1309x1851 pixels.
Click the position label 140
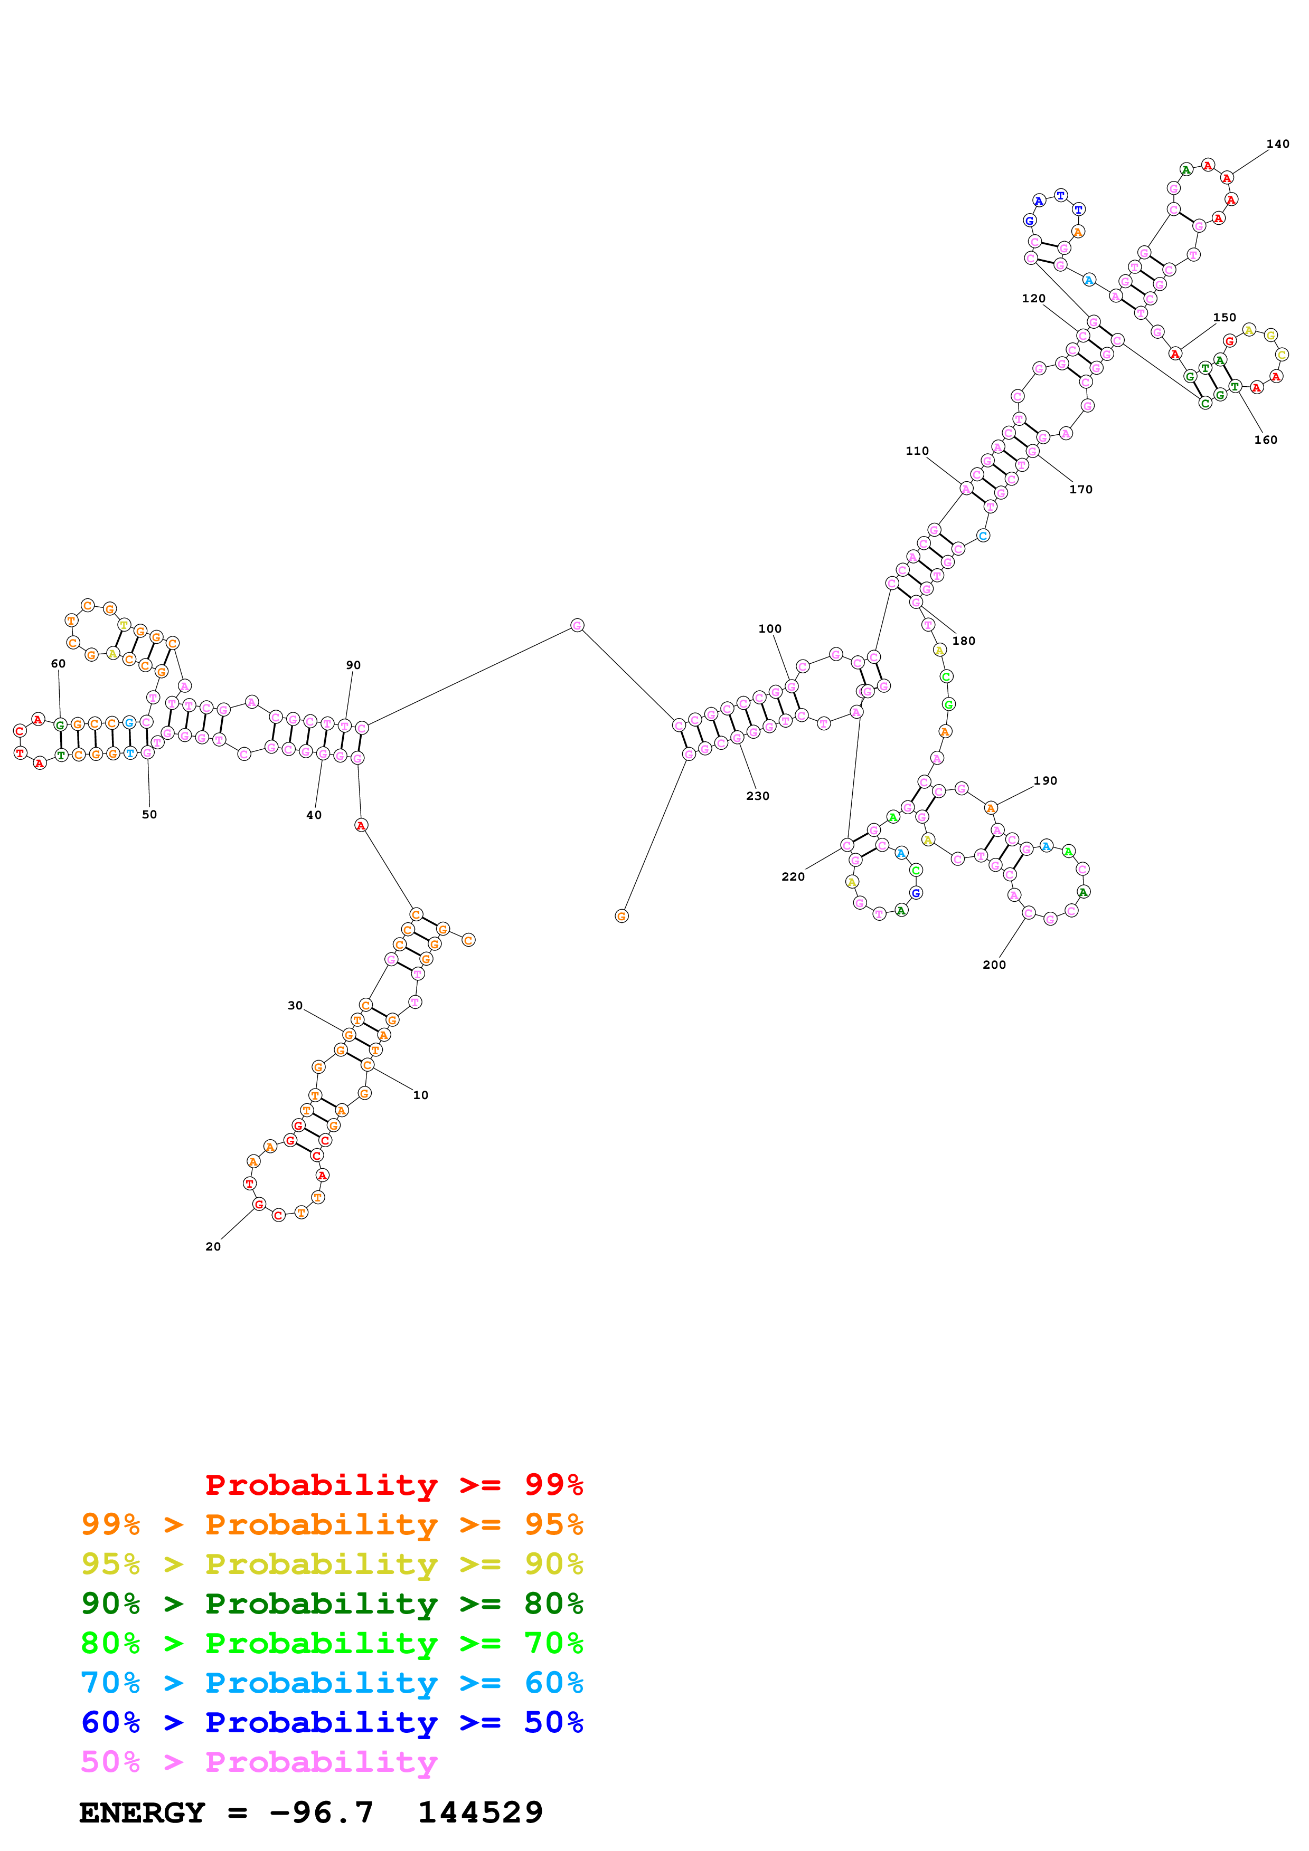pos(1277,144)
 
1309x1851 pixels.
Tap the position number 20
pos(213,1246)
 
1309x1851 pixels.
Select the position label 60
pos(58,663)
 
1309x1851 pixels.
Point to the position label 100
pos(769,629)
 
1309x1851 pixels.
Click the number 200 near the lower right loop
pos(994,965)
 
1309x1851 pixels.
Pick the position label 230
pos(757,796)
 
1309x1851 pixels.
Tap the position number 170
pos(1081,489)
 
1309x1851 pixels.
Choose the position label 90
pos(353,665)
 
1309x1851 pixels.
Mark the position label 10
pos(420,1095)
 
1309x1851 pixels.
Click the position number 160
pos(1266,440)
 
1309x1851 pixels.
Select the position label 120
pos(1033,298)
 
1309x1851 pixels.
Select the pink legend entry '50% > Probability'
pos(258,1762)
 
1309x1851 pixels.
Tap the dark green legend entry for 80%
pos(332,1604)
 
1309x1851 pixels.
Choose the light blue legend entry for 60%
pos(332,1683)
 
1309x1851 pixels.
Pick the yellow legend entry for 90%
pos(332,1564)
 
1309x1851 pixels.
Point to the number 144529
pos(480,1813)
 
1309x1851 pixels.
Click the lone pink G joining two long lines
pos(577,626)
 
